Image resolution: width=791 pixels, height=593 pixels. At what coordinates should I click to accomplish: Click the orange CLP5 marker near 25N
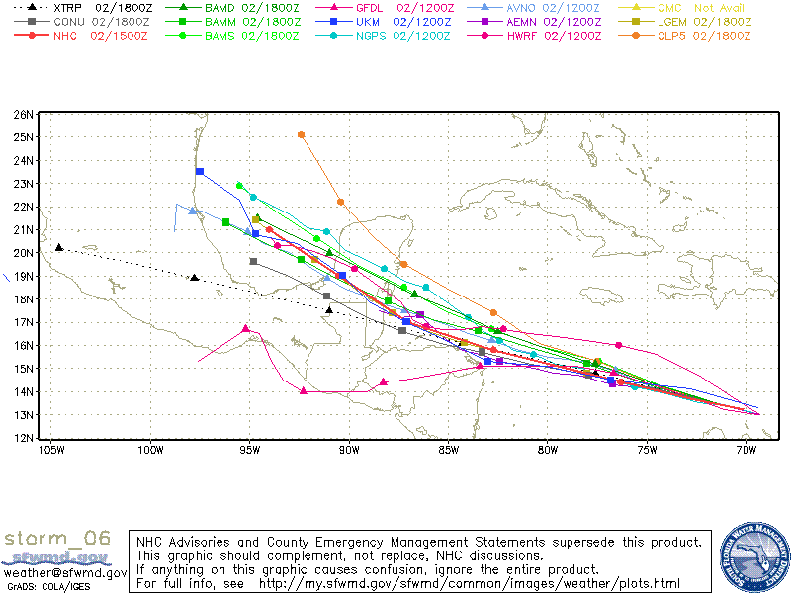[302, 134]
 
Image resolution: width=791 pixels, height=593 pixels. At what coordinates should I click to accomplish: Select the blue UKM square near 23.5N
[200, 171]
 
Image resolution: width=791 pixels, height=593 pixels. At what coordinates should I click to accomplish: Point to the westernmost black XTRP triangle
[59, 247]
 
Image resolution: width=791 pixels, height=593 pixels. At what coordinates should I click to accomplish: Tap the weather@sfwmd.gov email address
[64, 572]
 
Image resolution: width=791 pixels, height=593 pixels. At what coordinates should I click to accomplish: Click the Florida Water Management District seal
[753, 556]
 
